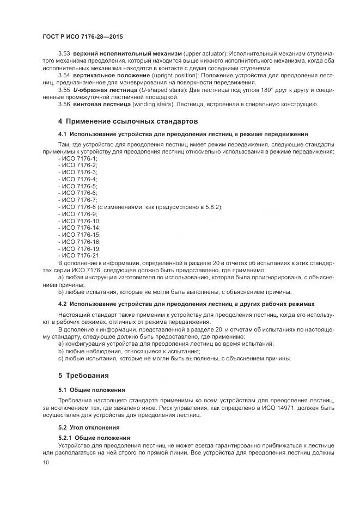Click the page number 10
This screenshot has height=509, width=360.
pyautogui.click(x=45, y=463)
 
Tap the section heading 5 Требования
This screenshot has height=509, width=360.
pyautogui.click(x=83, y=376)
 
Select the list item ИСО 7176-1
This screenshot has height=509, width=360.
pyautogui.click(x=77, y=157)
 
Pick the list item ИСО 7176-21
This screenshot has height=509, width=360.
pyautogui.click(x=79, y=256)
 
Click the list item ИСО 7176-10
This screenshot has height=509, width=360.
pyautogui.click(x=79, y=221)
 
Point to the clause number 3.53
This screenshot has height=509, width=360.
pyautogui.click(x=64, y=54)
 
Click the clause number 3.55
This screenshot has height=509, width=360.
pyautogui.click(x=64, y=90)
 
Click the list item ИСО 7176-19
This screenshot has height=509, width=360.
pyautogui.click(x=79, y=249)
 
